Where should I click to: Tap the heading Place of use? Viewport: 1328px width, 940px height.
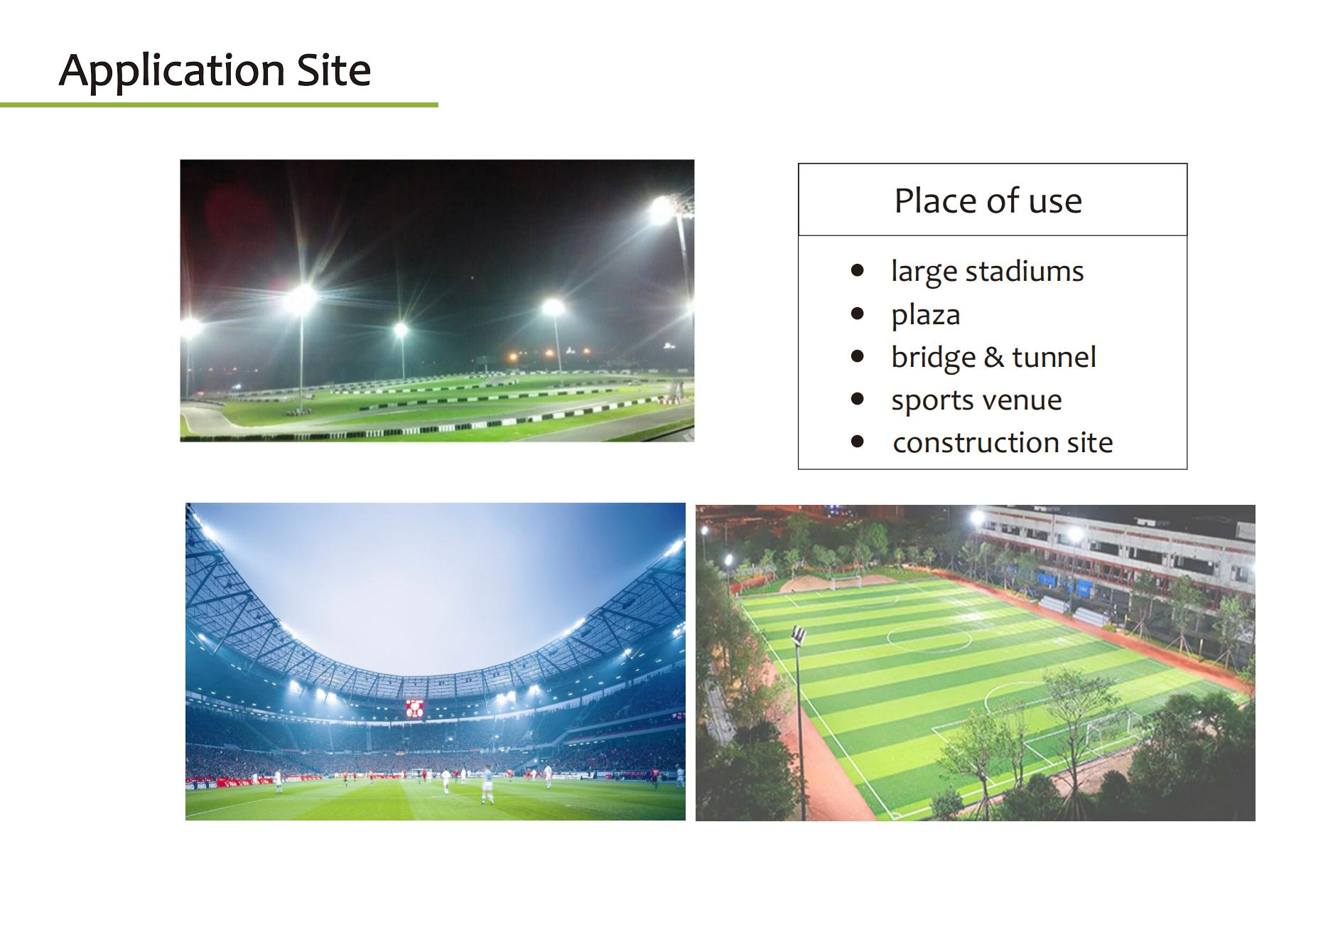[x=988, y=201]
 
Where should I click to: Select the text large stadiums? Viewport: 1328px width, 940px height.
[x=988, y=272]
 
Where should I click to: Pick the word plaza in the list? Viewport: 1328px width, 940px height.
[x=926, y=316]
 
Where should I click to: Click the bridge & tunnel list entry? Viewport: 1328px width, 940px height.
[x=994, y=358]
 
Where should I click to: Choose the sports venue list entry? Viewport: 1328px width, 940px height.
[x=977, y=401]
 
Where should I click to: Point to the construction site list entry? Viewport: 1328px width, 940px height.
[x=1003, y=443]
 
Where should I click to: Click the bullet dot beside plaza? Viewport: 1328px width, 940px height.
[x=858, y=314]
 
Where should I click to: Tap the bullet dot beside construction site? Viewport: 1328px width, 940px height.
[x=858, y=442]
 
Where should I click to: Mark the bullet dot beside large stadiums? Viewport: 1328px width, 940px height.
[x=858, y=270]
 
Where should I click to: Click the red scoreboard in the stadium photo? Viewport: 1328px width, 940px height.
[x=415, y=708]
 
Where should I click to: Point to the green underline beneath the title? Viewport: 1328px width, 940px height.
[x=219, y=105]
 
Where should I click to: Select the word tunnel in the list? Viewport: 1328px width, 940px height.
[x=1054, y=357]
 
